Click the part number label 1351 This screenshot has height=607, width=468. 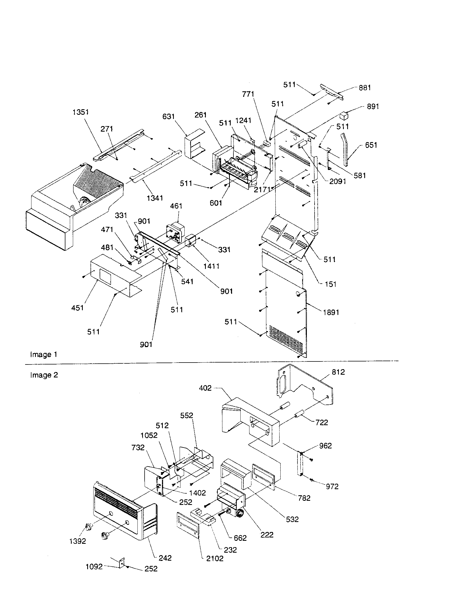tap(81, 112)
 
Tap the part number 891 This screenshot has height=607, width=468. tap(373, 107)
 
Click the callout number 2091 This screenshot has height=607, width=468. tap(337, 181)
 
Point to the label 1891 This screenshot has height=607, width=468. tap(331, 312)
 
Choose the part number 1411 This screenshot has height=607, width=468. tap(211, 266)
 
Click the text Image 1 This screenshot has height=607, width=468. tap(44, 354)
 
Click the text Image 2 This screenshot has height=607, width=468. tap(44, 375)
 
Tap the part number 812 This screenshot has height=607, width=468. tap(338, 372)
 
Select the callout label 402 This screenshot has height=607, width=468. tap(205, 388)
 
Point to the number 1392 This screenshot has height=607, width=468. tap(78, 541)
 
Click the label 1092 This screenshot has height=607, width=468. tap(94, 567)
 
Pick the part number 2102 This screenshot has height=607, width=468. tap(215, 558)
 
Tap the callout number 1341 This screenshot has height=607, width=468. tap(155, 198)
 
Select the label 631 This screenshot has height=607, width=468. tap(168, 116)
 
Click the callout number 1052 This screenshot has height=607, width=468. tap(149, 435)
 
